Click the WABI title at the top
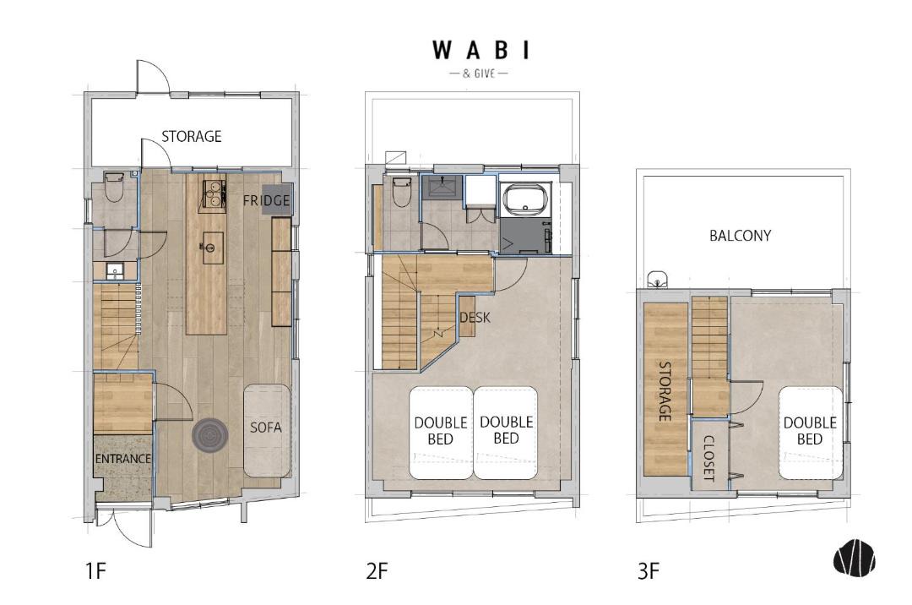[481, 50]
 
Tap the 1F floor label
[96, 570]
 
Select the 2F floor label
[377, 570]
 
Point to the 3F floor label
[649, 570]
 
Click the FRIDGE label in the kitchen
[266, 201]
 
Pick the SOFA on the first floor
[266, 431]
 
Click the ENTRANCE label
[122, 459]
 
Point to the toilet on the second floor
[402, 192]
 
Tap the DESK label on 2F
[475, 318]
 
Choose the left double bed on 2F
[440, 433]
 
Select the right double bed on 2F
[506, 433]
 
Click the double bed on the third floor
[810, 433]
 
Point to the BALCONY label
[740, 236]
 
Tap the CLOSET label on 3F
[709, 458]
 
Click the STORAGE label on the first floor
[192, 137]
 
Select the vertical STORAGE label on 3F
[665, 391]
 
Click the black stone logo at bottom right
[855, 559]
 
